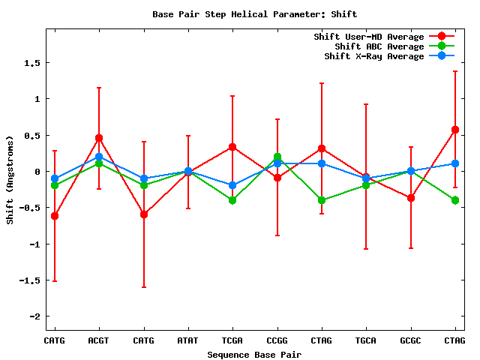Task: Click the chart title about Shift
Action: click(254, 14)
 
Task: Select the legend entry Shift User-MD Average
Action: click(369, 37)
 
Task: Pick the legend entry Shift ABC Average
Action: click(374, 46)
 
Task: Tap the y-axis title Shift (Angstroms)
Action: click(10, 180)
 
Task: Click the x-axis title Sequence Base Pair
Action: click(254, 354)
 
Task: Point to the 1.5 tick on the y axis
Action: click(31, 62)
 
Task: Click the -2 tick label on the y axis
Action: click(34, 316)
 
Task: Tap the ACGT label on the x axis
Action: click(99, 340)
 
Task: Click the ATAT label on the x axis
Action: click(188, 340)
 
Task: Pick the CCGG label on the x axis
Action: click(277, 340)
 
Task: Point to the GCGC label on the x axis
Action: click(411, 340)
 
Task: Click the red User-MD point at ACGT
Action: click(99, 138)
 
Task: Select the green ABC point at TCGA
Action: click(232, 200)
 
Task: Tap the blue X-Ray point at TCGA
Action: click(232, 185)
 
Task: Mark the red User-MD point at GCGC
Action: click(411, 198)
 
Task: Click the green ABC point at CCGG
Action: click(277, 157)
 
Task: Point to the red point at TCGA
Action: click(232, 147)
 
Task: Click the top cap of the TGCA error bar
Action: click(366, 104)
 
